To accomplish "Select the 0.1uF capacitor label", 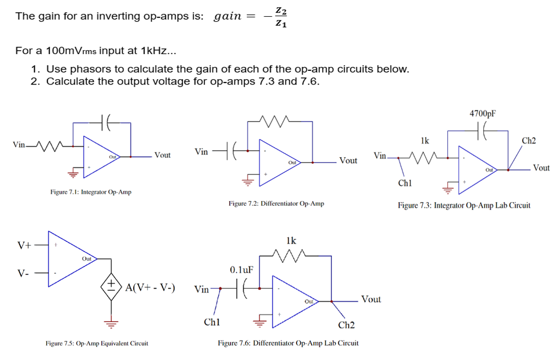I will pyautogui.click(x=241, y=270).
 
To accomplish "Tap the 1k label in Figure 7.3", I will pyautogui.click(x=425, y=141).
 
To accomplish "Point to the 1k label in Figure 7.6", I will pyautogui.click(x=291, y=240).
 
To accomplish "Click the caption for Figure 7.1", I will pyautogui.click(x=91, y=192).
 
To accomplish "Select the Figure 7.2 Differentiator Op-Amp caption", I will pyautogui.click(x=276, y=203).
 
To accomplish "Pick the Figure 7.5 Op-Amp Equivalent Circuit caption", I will pyautogui.click(x=96, y=343).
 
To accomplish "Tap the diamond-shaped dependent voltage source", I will pyautogui.click(x=112, y=287).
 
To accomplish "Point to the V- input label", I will pyautogui.click(x=23, y=273).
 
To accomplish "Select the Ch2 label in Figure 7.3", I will pyautogui.click(x=529, y=141).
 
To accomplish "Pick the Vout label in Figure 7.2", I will pyautogui.click(x=348, y=161).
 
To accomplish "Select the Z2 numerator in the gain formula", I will pyautogui.click(x=280, y=10).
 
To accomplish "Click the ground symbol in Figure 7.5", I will pyautogui.click(x=112, y=324).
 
